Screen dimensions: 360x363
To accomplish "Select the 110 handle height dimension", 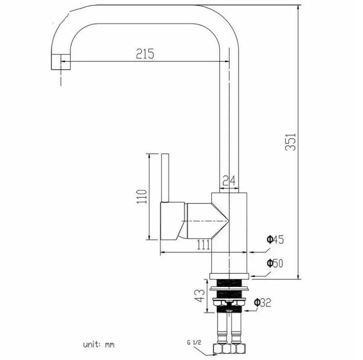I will (142, 197).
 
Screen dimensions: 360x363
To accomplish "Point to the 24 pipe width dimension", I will (230, 181).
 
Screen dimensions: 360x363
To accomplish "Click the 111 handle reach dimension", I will (203, 245).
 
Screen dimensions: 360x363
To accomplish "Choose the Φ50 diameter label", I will (275, 263).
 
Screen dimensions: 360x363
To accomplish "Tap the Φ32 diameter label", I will (263, 302).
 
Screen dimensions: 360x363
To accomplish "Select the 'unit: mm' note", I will (98, 345).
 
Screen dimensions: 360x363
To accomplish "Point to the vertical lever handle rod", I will (166, 177).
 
